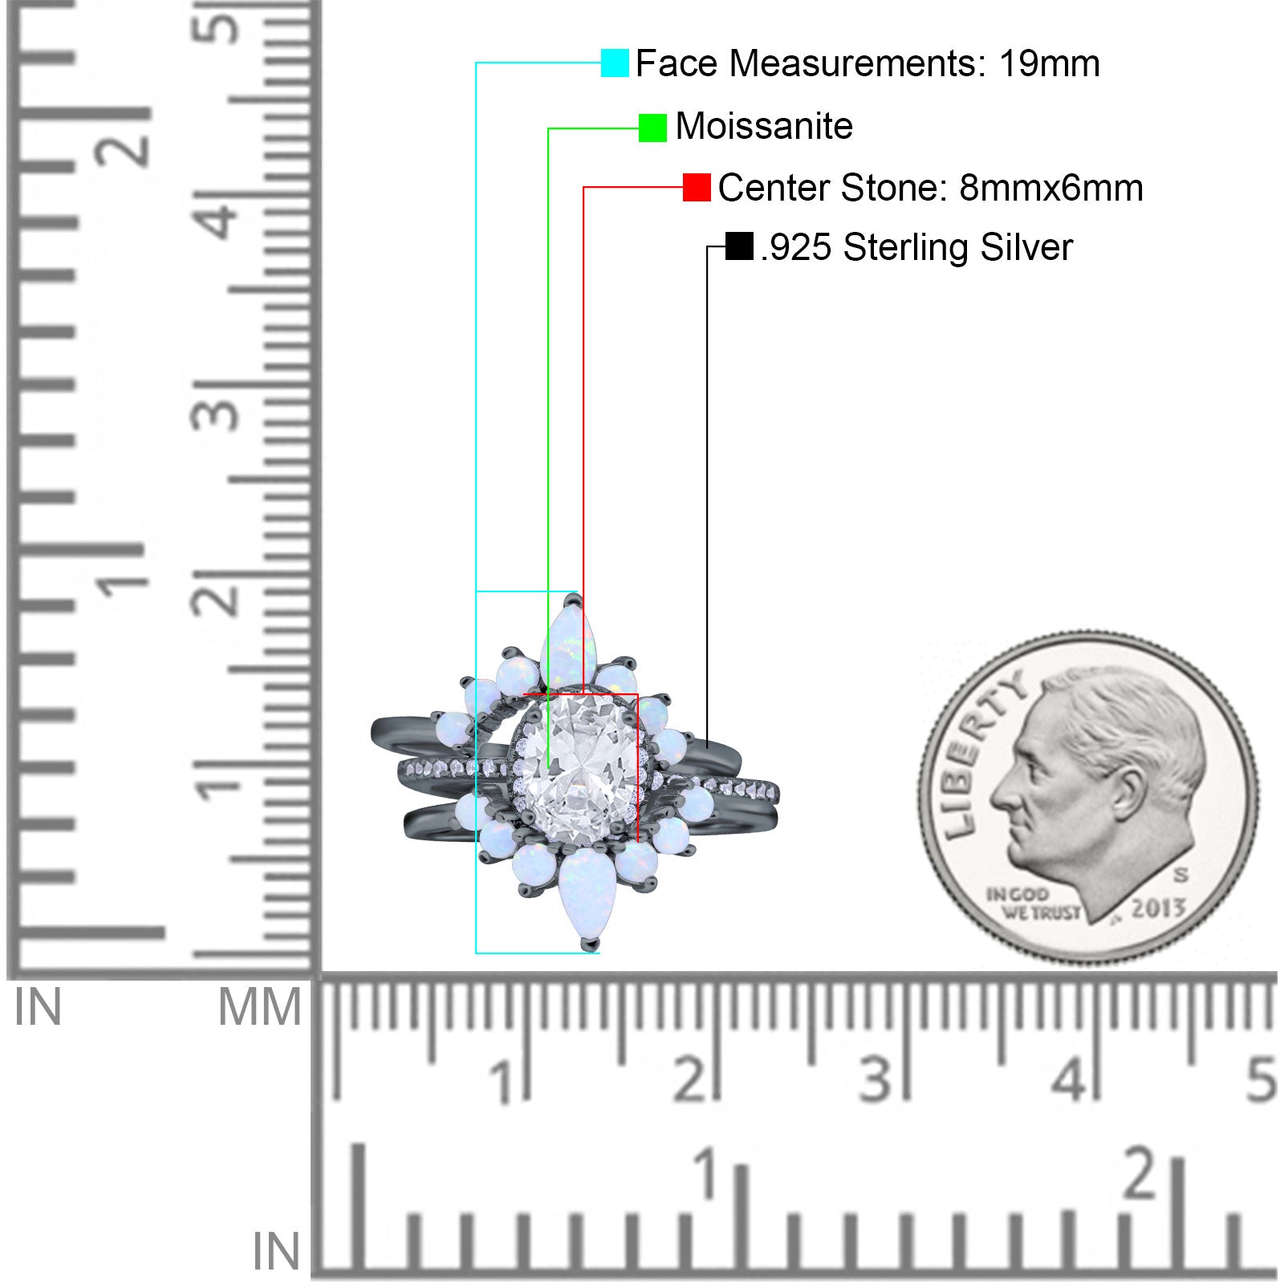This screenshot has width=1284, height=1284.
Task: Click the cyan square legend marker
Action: (x=615, y=63)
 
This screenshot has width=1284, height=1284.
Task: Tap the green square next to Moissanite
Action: (x=652, y=128)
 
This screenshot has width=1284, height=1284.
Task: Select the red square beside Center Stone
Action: (x=697, y=187)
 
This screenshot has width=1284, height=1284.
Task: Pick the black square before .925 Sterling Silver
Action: (x=739, y=246)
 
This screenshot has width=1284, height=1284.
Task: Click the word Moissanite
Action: (x=764, y=126)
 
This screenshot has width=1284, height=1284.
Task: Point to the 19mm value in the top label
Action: (x=1049, y=63)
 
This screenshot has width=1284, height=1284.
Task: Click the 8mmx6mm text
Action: (x=1050, y=188)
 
